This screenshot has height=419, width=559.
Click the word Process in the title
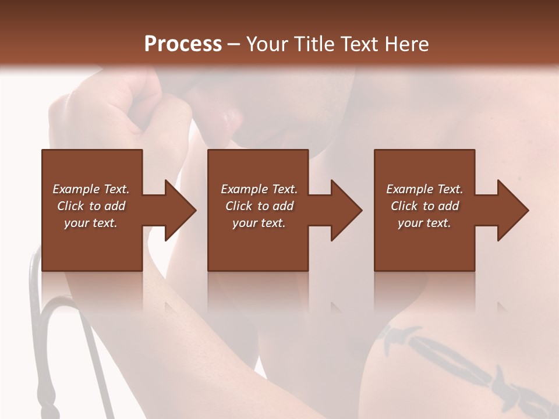(x=183, y=44)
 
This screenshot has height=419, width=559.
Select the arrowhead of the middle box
(x=345, y=210)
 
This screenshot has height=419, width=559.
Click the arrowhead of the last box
(x=511, y=210)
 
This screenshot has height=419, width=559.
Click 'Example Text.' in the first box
(x=91, y=189)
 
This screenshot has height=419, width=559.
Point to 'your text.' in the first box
(x=91, y=223)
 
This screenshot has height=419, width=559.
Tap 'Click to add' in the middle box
(x=259, y=206)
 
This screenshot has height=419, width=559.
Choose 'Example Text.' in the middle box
(x=259, y=189)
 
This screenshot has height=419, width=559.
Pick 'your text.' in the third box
(x=424, y=223)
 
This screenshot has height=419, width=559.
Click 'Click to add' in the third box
(x=424, y=206)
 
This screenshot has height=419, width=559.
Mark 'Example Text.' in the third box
(x=424, y=189)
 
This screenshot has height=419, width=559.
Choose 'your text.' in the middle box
(x=259, y=223)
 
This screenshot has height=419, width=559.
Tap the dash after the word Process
(x=234, y=44)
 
